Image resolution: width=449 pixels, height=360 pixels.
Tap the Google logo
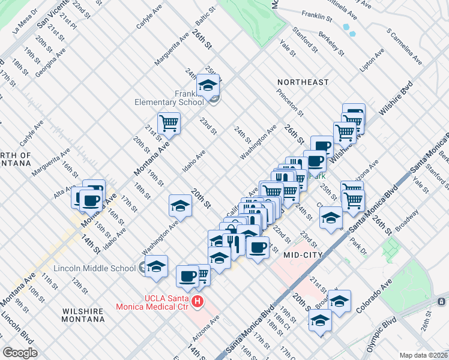(x=20, y=353)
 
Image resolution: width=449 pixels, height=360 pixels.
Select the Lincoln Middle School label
(x=95, y=268)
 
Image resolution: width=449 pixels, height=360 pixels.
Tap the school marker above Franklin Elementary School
(x=208, y=85)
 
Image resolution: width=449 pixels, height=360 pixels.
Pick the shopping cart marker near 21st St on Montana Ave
(x=169, y=123)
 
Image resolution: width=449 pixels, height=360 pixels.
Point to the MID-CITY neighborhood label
(x=303, y=255)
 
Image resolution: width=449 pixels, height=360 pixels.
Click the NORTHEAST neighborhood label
(x=303, y=82)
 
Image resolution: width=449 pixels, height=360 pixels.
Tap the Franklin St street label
(x=318, y=14)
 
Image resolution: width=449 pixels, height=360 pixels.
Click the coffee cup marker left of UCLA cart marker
(x=187, y=276)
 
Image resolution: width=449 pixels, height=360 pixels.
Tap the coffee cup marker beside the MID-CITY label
(x=258, y=246)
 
